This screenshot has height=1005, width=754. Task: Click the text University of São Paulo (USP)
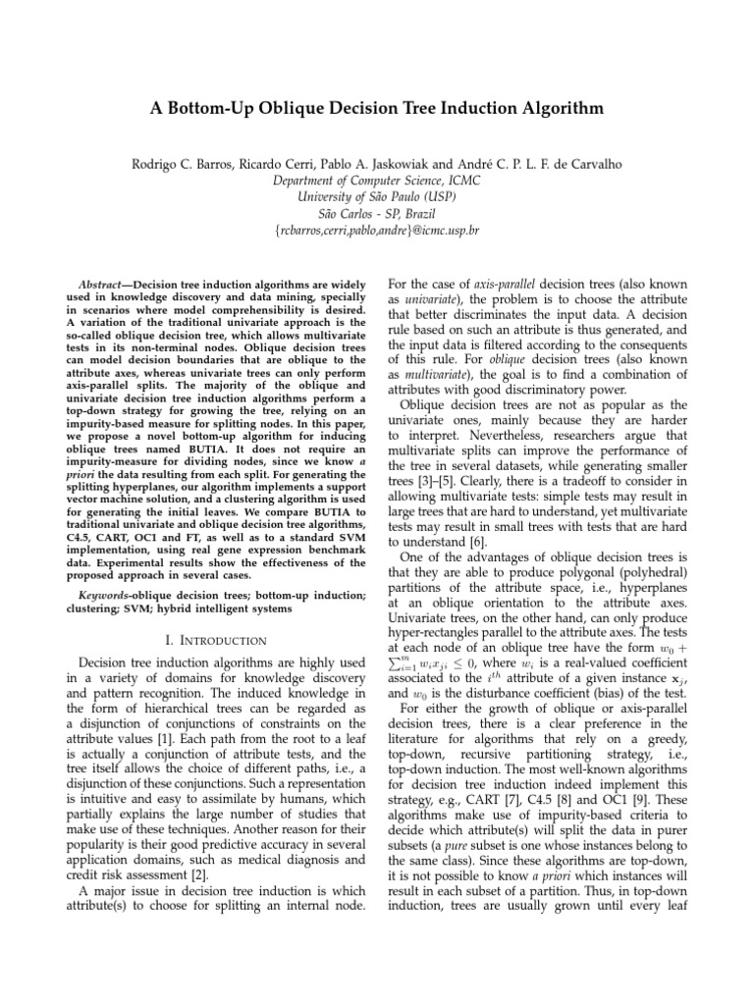(x=377, y=196)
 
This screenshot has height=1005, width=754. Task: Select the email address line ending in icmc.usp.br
(x=377, y=230)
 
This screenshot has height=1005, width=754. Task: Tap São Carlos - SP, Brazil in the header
(x=377, y=213)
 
